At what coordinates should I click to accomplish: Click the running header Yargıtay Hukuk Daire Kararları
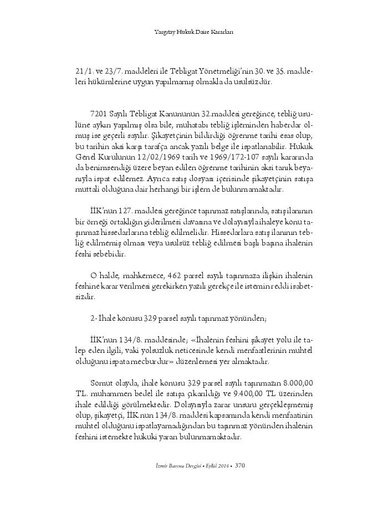click(193, 32)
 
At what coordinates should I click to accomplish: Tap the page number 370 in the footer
click(240, 465)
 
